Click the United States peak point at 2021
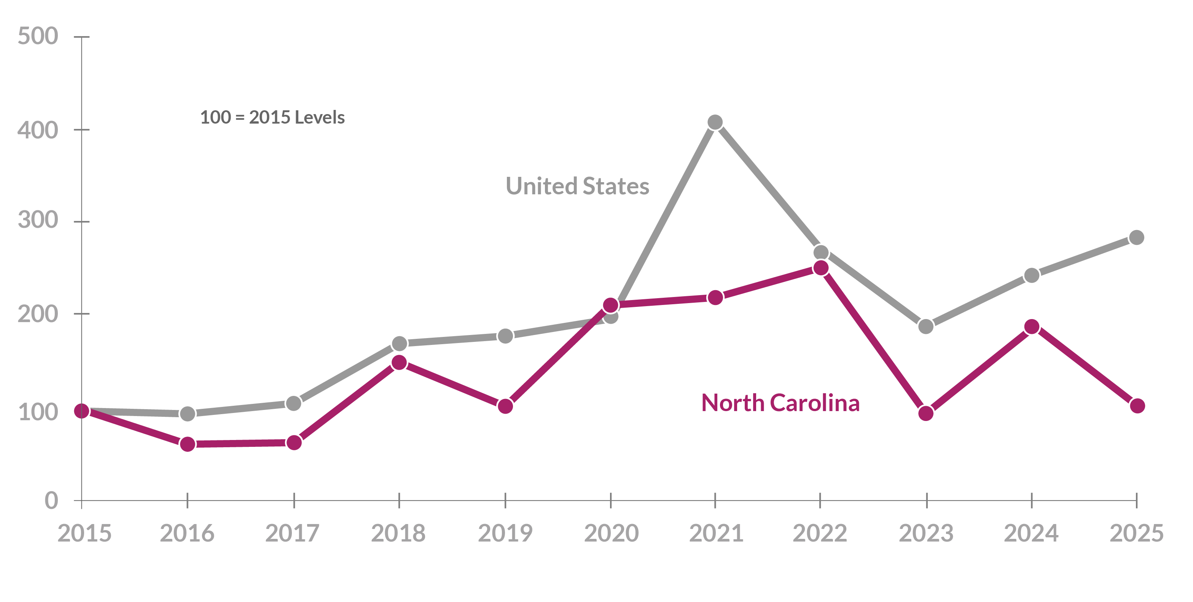tap(715, 122)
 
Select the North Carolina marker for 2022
tap(821, 268)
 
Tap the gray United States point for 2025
tap(1137, 237)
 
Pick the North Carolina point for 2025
tap(1137, 406)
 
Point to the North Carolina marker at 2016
tap(187, 444)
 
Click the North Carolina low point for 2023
tap(926, 413)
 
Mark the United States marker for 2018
tap(399, 344)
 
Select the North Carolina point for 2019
tap(505, 406)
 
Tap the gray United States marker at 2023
tap(926, 326)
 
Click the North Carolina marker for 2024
tap(1031, 327)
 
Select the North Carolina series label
tap(780, 403)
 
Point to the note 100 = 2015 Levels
tap(272, 118)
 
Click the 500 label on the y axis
tap(38, 36)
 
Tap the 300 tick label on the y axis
tap(38, 220)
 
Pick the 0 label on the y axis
tap(51, 501)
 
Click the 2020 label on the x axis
tap(611, 533)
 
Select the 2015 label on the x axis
tap(84, 533)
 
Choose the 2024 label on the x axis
tap(1031, 533)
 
